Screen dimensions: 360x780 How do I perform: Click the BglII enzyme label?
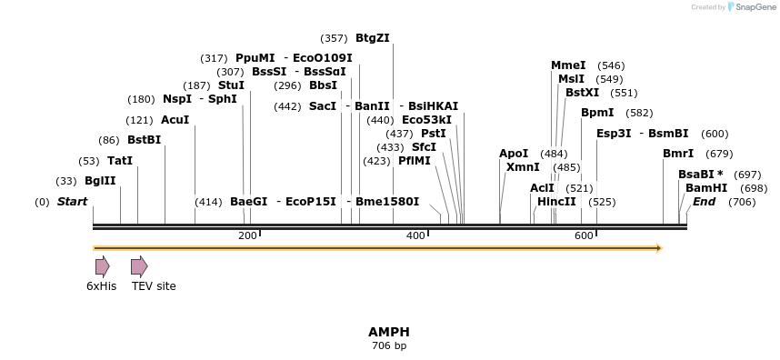tap(100, 181)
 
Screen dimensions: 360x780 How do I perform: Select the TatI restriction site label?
tap(120, 160)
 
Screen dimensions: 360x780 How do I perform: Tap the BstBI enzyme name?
tap(144, 139)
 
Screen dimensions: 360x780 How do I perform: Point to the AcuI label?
tap(175, 119)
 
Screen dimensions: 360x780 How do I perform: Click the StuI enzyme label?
tap(231, 85)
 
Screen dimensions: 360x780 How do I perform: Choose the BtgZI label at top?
tap(372, 37)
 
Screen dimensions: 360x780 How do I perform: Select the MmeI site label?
tap(568, 65)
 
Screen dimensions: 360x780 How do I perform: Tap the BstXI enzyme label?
tap(582, 92)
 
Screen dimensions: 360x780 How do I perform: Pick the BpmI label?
tap(597, 113)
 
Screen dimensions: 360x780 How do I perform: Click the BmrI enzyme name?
tap(678, 154)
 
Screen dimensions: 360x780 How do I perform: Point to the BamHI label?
tap(706, 187)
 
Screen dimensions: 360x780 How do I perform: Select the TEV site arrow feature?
tap(139, 266)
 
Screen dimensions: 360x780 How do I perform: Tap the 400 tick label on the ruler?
tap(415, 236)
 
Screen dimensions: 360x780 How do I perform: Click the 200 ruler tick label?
tap(247, 236)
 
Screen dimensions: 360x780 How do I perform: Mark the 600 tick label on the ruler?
tap(584, 236)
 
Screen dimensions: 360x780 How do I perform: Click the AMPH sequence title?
tap(388, 332)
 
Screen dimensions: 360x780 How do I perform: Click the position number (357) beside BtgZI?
tap(334, 38)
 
